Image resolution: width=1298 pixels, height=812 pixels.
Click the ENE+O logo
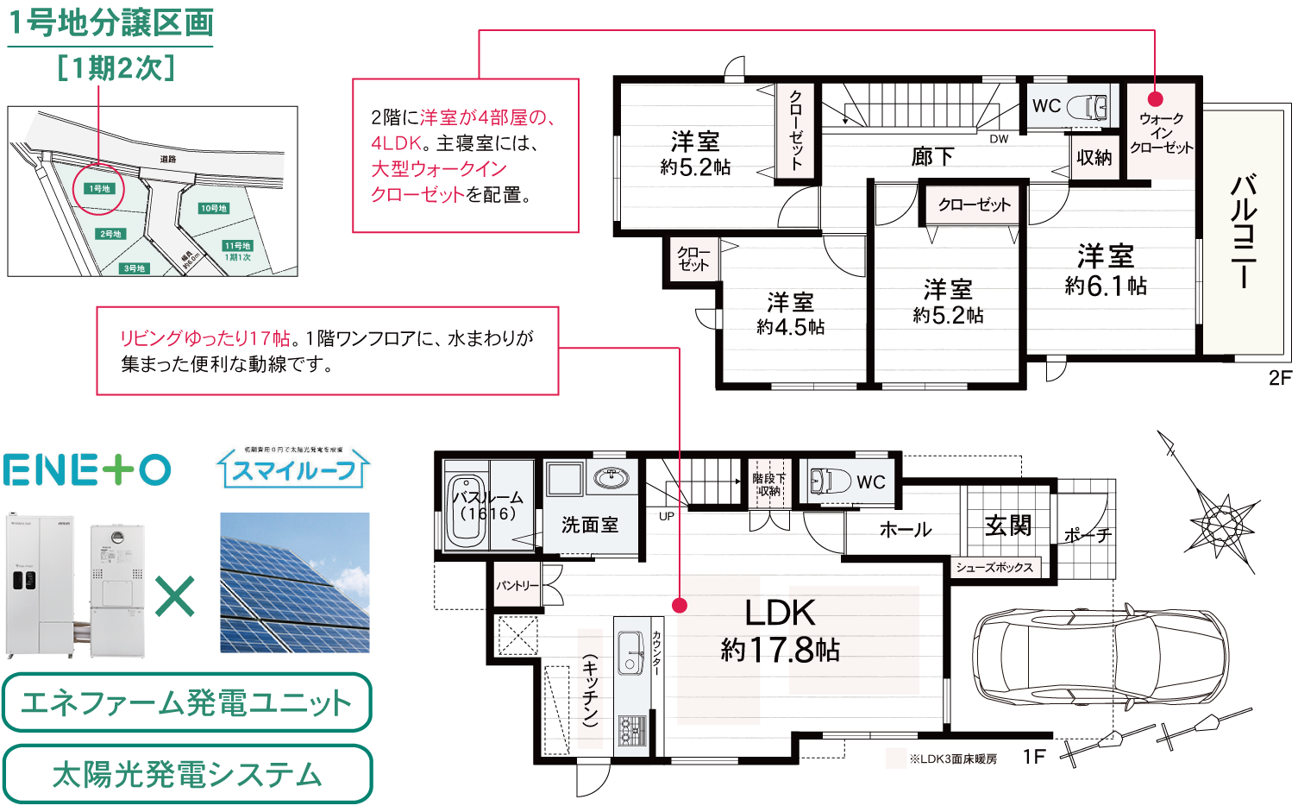(87, 469)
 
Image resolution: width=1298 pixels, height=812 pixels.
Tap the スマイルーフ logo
(293, 469)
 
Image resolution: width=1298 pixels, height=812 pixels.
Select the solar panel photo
(295, 582)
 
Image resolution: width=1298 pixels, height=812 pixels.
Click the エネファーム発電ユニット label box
(186, 702)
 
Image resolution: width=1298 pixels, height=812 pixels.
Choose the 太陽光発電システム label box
(187, 774)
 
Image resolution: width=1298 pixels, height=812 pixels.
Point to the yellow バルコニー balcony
(1243, 232)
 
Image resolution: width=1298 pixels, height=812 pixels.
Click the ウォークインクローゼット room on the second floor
(1161, 132)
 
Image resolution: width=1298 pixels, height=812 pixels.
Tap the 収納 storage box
(1094, 158)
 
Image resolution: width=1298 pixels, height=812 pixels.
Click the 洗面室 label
(590, 525)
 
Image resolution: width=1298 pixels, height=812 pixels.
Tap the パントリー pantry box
(517, 584)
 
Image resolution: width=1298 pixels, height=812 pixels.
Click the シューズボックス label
(994, 568)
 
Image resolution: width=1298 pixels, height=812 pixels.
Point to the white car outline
(1100, 657)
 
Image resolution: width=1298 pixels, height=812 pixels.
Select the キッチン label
(590, 688)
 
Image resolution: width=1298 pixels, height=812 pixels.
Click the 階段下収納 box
(768, 483)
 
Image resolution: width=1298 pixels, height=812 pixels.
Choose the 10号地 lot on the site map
(214, 208)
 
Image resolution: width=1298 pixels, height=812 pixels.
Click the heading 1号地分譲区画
(110, 22)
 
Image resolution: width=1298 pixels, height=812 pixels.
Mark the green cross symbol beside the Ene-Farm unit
(175, 595)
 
